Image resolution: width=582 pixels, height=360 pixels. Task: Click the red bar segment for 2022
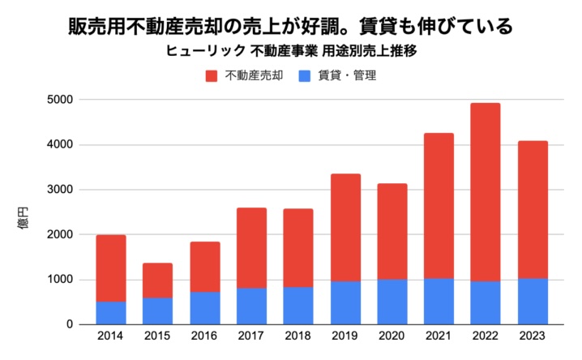pyautogui.click(x=485, y=192)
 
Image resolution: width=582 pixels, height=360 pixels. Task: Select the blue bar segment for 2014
pyautogui.click(x=111, y=313)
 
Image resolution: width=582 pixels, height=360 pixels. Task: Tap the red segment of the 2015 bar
pyautogui.click(x=157, y=281)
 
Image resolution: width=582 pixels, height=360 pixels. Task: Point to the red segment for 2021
pyautogui.click(x=439, y=206)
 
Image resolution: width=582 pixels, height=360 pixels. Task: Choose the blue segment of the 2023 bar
pyautogui.click(x=532, y=302)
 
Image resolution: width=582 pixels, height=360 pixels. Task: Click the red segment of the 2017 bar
pyautogui.click(x=251, y=248)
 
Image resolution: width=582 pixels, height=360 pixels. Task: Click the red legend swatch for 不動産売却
pyautogui.click(x=212, y=76)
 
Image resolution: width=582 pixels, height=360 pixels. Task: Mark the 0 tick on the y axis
pyautogui.click(x=70, y=324)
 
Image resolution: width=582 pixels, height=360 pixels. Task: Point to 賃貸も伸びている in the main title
pyautogui.click(x=442, y=25)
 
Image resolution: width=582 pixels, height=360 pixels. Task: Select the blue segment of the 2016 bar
pyautogui.click(x=204, y=308)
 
